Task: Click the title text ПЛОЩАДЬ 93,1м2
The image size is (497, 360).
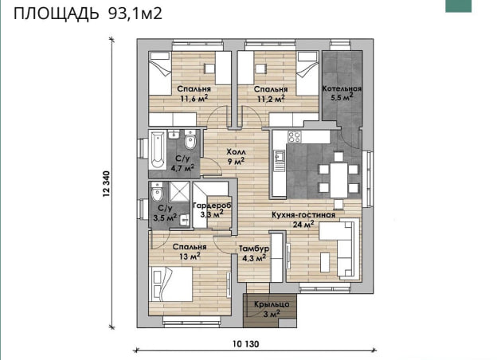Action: coord(88,14)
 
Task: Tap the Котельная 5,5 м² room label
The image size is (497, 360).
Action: coord(342,95)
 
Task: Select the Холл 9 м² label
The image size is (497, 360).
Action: coord(236,155)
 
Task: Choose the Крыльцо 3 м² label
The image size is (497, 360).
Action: coord(271,309)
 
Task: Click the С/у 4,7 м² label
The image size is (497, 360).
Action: coord(182,163)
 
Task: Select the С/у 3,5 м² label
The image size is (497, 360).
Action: coord(165,212)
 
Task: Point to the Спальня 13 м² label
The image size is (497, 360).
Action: coord(190,252)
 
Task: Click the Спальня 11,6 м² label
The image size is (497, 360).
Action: coord(194,94)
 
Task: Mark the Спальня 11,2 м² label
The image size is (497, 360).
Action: coord(271,94)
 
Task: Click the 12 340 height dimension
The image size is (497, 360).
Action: coord(106,189)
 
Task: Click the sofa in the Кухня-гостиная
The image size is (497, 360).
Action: coord(344,249)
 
